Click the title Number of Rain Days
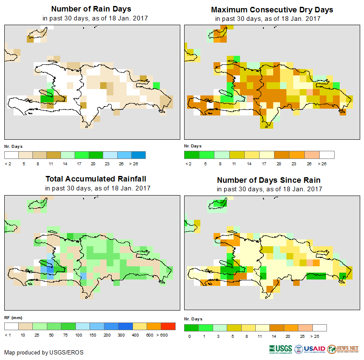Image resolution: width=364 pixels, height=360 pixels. pyautogui.click(x=91, y=9)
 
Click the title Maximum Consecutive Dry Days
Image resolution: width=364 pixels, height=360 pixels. pyautogui.click(x=272, y=9)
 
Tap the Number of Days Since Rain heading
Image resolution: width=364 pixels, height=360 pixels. pyautogui.click(x=269, y=180)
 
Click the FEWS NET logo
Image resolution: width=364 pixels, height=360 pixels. pyautogui.click(x=343, y=349)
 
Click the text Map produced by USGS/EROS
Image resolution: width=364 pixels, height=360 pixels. pyautogui.click(x=43, y=352)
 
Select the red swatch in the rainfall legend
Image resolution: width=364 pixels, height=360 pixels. pyautogui.click(x=168, y=326)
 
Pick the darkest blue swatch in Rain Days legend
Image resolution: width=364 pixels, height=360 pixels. pyautogui.click(x=139, y=155)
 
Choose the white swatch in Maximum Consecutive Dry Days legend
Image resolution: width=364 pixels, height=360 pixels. pyautogui.click(x=327, y=155)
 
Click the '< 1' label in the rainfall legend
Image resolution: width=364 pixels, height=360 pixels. pyautogui.click(x=8, y=335)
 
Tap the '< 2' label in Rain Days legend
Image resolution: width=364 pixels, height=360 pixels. pyautogui.click(x=8, y=163)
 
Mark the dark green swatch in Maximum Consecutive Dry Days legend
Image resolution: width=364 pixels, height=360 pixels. pyautogui.click(x=191, y=155)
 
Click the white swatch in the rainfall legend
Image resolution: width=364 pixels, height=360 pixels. pyautogui.click(x=11, y=326)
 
